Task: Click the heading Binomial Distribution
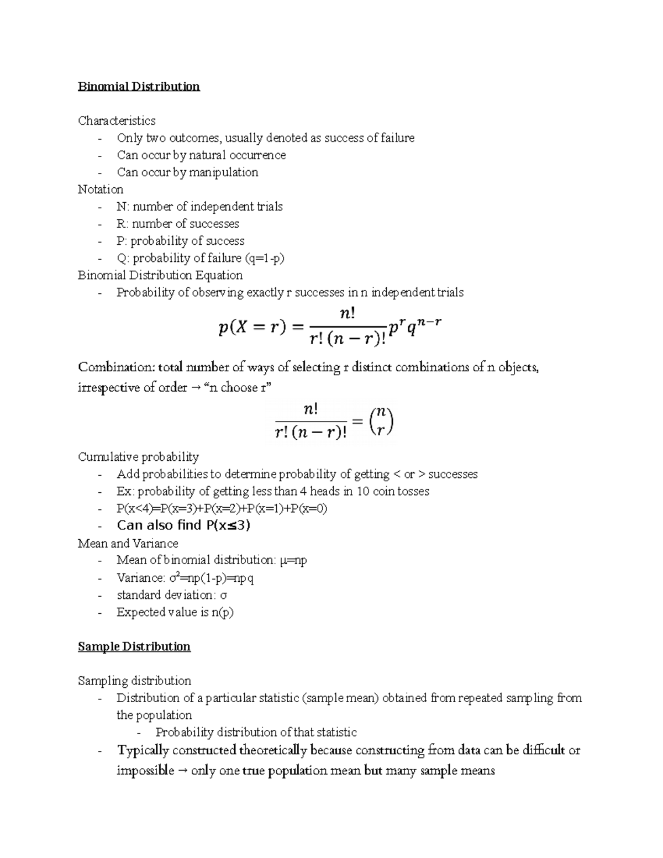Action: (x=139, y=87)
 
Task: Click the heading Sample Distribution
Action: (x=134, y=646)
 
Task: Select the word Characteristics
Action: (x=117, y=120)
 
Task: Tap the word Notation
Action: (x=101, y=189)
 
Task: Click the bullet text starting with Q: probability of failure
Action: (x=201, y=258)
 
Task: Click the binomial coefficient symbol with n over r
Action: (x=382, y=423)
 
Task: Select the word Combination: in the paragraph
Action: (x=117, y=367)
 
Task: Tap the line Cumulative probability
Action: (x=138, y=457)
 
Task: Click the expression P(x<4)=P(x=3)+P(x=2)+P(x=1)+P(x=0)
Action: (x=222, y=508)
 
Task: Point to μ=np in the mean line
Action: (x=293, y=560)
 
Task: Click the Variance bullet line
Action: (x=185, y=578)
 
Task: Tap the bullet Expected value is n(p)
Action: (x=175, y=612)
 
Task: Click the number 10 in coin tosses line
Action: (x=362, y=491)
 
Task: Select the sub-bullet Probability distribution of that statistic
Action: (x=256, y=732)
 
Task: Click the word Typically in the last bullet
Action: (x=143, y=750)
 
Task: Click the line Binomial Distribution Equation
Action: (x=160, y=275)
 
